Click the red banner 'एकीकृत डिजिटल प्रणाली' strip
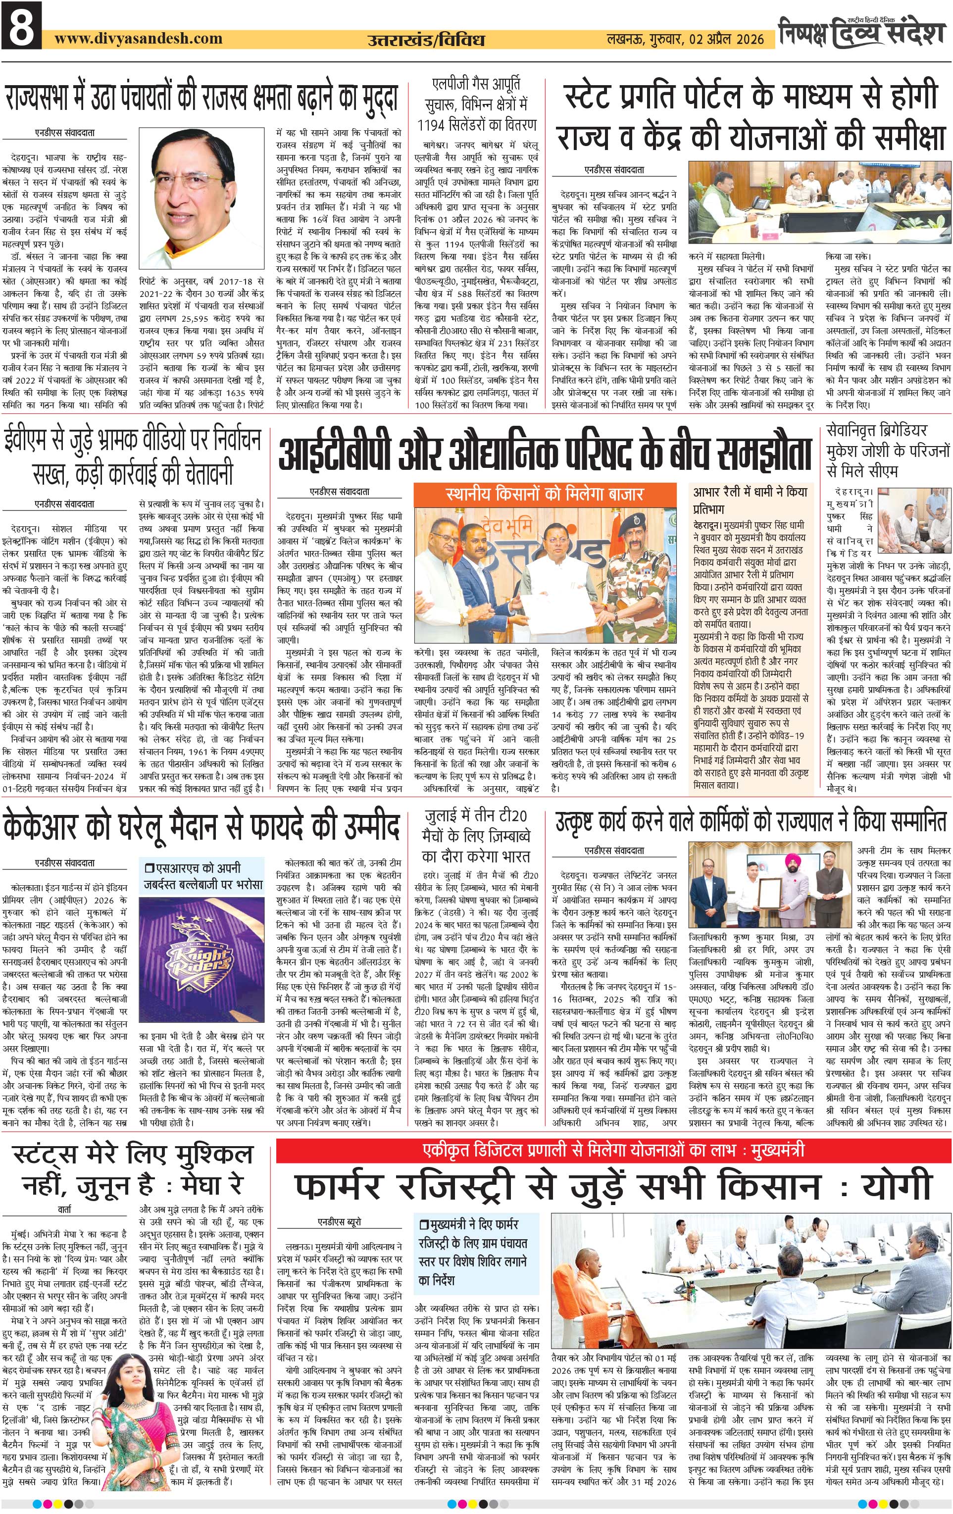click(x=614, y=1150)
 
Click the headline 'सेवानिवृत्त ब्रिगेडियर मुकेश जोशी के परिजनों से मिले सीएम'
click(x=888, y=450)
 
